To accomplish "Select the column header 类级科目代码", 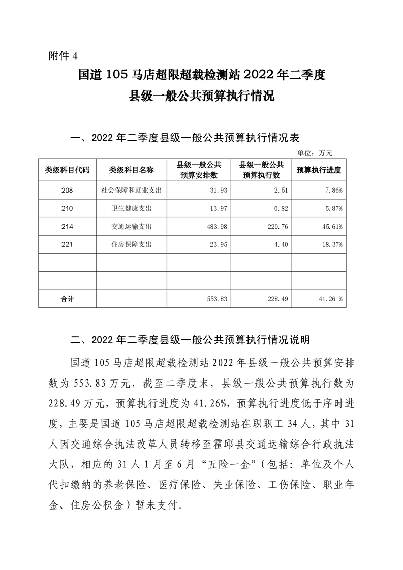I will pyautogui.click(x=67, y=170).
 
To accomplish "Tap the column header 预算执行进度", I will pyautogui.click(x=319, y=170).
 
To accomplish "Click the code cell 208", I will pyautogui.click(x=67, y=190).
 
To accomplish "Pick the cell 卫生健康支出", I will pyautogui.click(x=131, y=208).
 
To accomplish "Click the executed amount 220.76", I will pyautogui.click(x=277, y=226).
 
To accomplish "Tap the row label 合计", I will pyautogui.click(x=67, y=299).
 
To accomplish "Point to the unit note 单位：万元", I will pyautogui.click(x=315, y=152).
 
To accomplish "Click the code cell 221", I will pyautogui.click(x=67, y=244).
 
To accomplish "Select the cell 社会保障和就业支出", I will pyautogui.click(x=131, y=190).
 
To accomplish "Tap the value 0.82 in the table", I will pyautogui.click(x=281, y=208).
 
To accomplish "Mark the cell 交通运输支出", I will pyautogui.click(x=131, y=226).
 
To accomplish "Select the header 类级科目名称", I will pyautogui.click(x=131, y=170).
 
